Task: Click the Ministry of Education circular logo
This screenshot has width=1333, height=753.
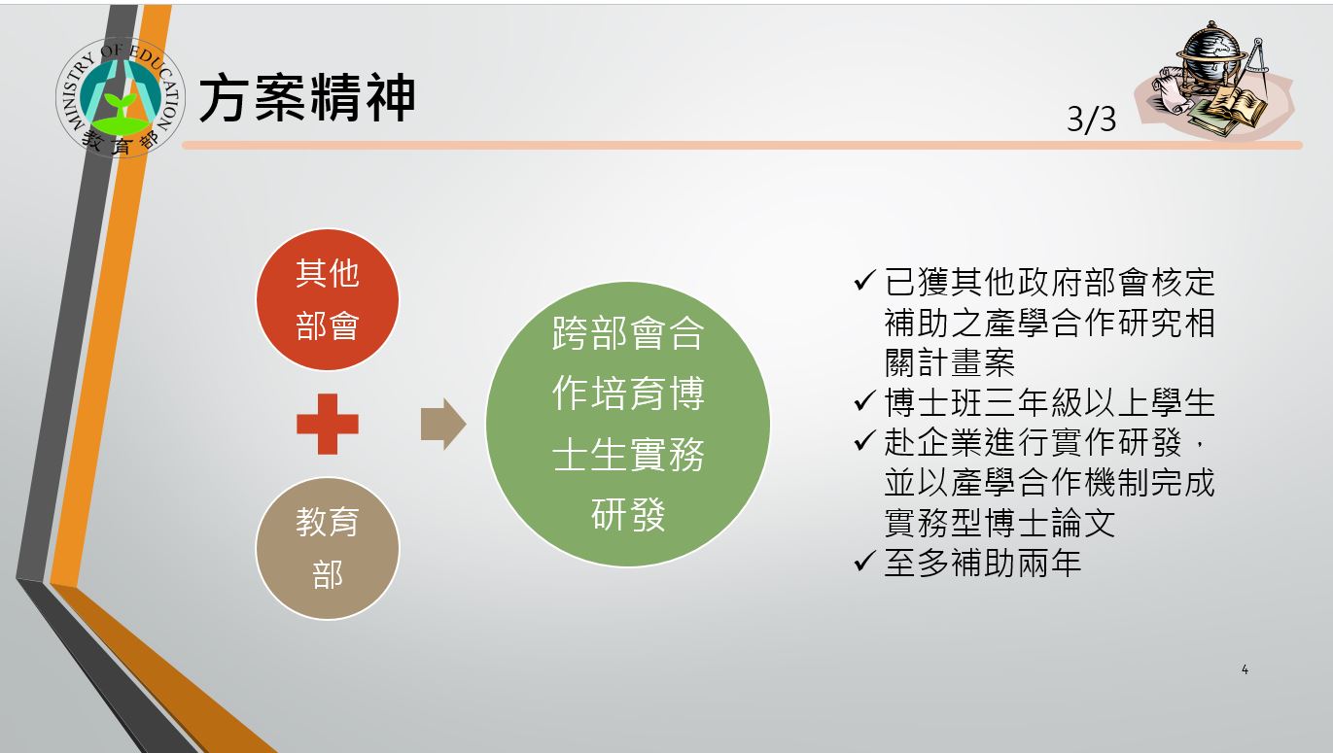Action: (121, 97)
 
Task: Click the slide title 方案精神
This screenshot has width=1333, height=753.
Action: (306, 98)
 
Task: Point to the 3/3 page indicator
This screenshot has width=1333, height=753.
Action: (1092, 120)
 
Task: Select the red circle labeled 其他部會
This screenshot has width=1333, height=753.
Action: (328, 299)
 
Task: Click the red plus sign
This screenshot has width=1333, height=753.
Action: (328, 424)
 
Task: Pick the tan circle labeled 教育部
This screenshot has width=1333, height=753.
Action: (328, 548)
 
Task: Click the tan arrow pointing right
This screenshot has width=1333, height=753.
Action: (443, 424)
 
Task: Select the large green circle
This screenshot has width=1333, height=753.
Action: (628, 424)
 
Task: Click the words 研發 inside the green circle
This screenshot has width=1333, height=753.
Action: (628, 515)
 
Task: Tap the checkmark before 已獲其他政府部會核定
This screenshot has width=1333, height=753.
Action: (864, 280)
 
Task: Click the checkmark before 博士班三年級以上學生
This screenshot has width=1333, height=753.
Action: (864, 401)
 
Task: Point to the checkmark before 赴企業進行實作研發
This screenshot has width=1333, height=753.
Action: (864, 441)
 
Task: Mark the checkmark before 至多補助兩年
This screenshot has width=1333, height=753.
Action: (864, 561)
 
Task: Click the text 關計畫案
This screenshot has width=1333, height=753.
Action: (949, 362)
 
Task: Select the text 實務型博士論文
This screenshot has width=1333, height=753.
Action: (1000, 523)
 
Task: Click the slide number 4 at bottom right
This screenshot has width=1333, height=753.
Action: (1245, 669)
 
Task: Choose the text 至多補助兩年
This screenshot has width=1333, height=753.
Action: (983, 563)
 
